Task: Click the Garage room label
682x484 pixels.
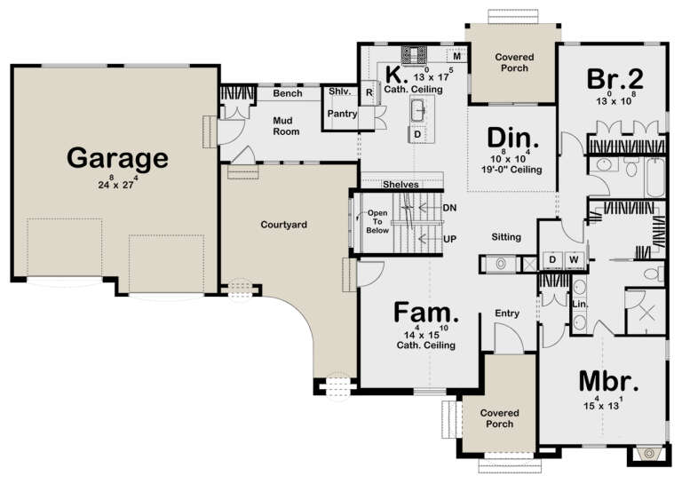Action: (x=117, y=158)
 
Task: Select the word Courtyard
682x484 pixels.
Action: (x=284, y=225)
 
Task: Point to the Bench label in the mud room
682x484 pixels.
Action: (x=287, y=93)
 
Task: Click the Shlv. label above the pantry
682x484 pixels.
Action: (x=339, y=92)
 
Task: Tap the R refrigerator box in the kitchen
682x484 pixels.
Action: (x=369, y=91)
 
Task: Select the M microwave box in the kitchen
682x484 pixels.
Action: (x=456, y=55)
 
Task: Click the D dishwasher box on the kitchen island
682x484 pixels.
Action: (x=416, y=135)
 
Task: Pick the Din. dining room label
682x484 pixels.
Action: (x=513, y=139)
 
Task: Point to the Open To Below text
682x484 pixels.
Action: (x=378, y=222)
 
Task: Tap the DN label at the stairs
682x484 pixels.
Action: (x=448, y=207)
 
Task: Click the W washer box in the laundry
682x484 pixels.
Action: (x=574, y=260)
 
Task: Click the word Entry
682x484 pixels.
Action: (x=507, y=313)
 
